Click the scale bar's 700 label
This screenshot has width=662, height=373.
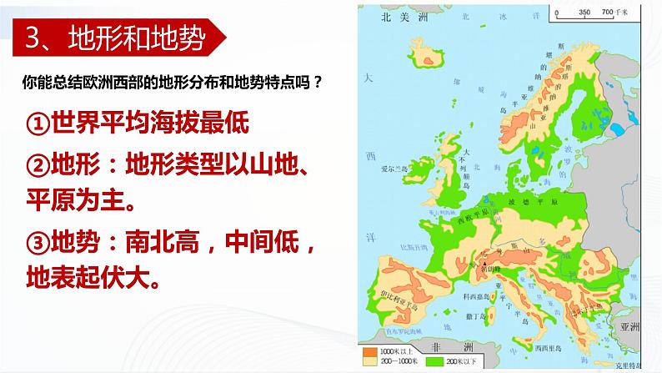[x=608, y=12]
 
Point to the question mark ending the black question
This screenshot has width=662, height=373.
[x=319, y=83]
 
